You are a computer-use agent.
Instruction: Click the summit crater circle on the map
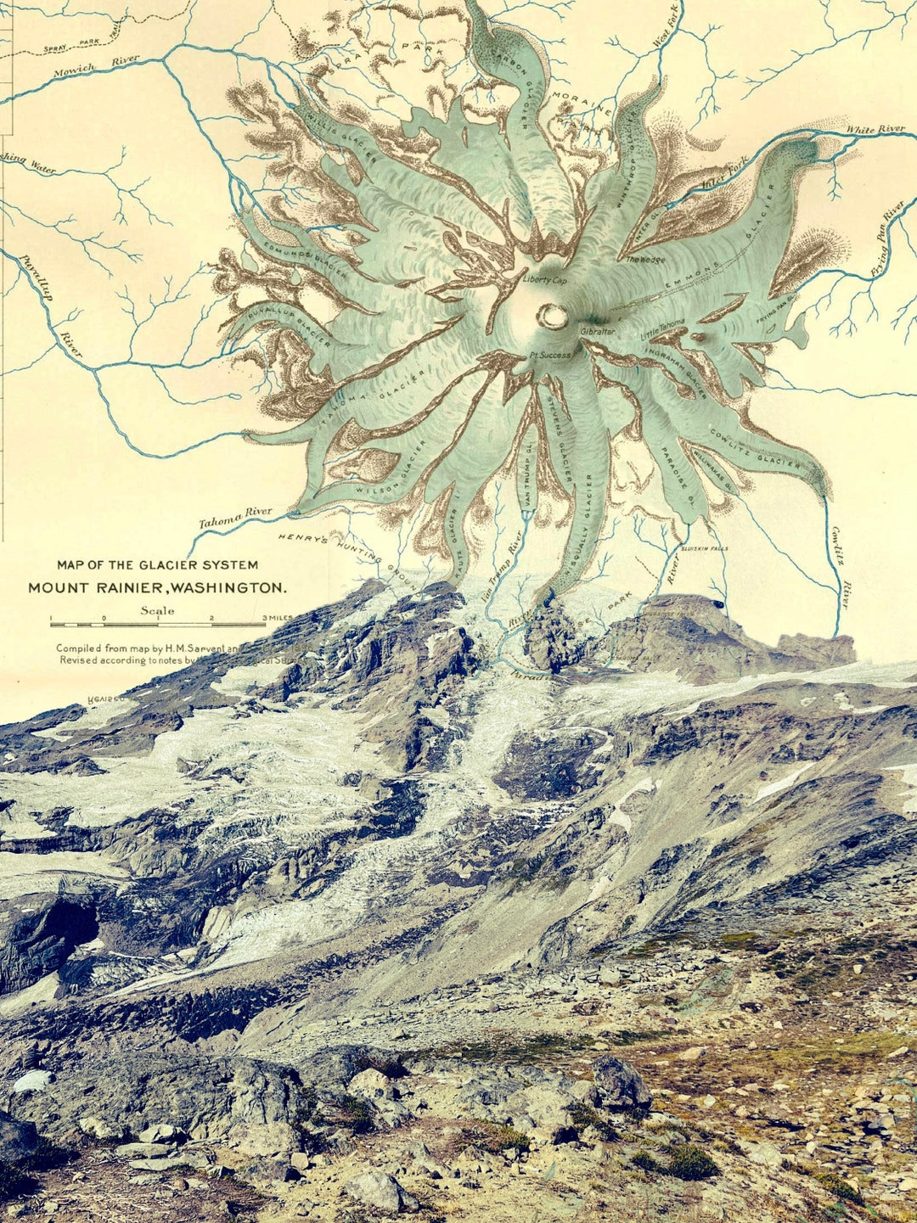point(552,316)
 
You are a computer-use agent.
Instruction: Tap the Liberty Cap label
point(545,280)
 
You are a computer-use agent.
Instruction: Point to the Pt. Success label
point(549,355)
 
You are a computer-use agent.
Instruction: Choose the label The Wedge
point(646,261)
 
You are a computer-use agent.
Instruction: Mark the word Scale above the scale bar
point(158,610)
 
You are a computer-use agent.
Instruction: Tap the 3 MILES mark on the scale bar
point(278,618)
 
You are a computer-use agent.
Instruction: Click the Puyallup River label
point(44,297)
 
